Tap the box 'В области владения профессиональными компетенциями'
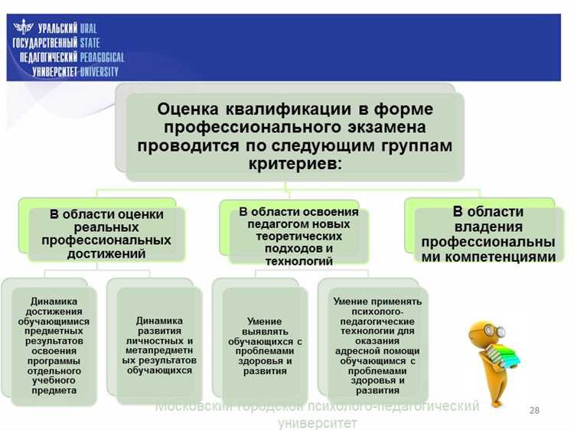coord(488,234)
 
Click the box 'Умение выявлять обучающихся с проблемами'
coord(265,345)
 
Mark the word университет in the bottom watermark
coord(317,422)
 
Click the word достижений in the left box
coord(106,254)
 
